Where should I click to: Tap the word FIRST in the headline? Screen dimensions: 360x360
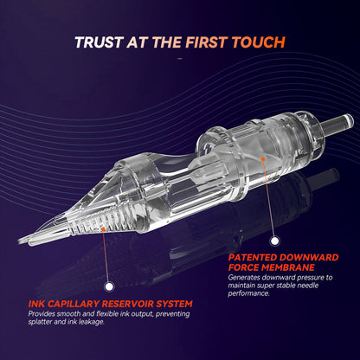click(206, 42)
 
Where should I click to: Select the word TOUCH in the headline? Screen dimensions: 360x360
click(259, 42)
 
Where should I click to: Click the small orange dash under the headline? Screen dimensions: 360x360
click(180, 59)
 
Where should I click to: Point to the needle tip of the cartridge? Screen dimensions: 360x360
click(20, 241)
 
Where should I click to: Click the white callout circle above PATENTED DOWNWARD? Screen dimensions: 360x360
click(274, 241)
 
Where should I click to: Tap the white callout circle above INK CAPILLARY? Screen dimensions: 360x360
click(109, 286)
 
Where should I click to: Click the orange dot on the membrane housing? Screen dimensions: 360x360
click(263, 158)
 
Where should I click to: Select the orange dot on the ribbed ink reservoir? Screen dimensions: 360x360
click(103, 229)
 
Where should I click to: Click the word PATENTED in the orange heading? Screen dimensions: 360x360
click(253, 257)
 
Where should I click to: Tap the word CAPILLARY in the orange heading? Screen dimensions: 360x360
click(74, 304)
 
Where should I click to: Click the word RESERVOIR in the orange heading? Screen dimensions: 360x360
click(128, 304)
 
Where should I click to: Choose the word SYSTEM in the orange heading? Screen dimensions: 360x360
click(175, 304)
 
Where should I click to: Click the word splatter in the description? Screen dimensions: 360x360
click(40, 322)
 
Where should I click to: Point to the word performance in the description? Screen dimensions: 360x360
click(248, 293)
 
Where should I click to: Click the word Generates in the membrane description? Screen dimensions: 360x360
click(242, 278)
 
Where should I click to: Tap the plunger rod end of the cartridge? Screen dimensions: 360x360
click(349, 120)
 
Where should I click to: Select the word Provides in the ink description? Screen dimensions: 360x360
click(42, 314)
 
